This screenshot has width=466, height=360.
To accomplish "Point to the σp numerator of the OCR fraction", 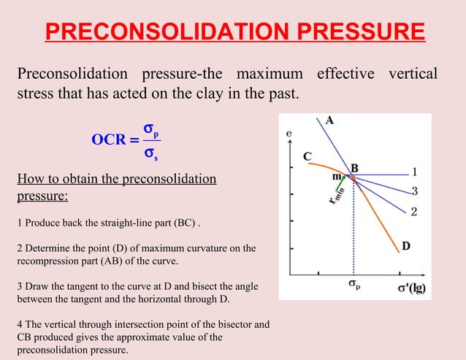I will tap(152, 129).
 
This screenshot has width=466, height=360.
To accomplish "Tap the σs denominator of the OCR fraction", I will tap(152, 153).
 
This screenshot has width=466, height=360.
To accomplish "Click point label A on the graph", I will tap(330, 121).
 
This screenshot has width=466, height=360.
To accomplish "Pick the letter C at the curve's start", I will tap(308, 156).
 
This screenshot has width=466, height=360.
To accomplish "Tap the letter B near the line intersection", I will tap(355, 169).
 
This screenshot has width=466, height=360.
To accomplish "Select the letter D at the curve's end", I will tap(405, 246).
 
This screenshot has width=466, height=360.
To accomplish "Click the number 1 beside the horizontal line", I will tap(414, 172).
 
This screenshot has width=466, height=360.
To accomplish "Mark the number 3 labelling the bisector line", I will tap(414, 191).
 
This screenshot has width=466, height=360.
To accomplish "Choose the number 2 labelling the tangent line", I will tap(413, 212).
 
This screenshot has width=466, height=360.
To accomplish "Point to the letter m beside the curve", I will tap(337, 176).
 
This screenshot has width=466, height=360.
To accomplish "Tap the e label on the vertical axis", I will tap(289, 134).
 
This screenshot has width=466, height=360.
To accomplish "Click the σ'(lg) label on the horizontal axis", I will tap(411, 288).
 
